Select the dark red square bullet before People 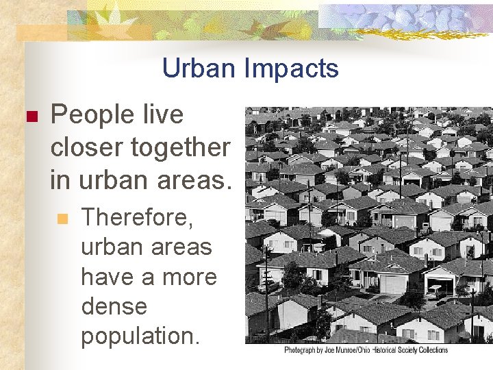point(29,117)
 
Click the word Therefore point(138,218)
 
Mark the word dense point(114,306)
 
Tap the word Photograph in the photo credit point(304,350)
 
